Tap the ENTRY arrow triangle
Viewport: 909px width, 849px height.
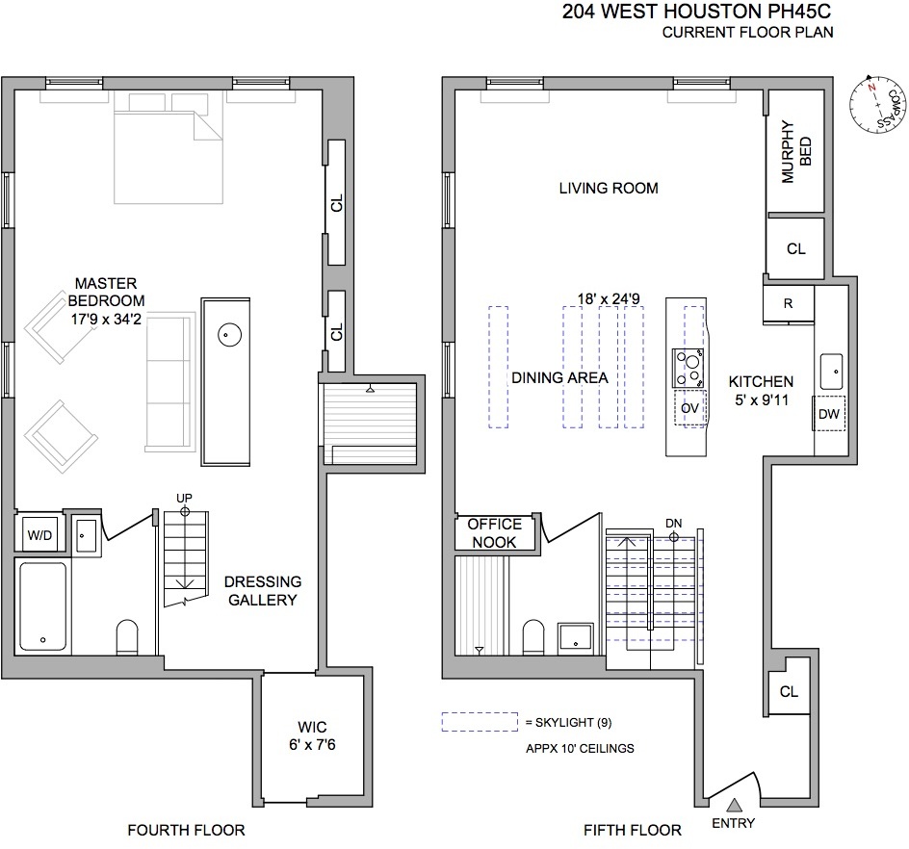[x=734, y=805]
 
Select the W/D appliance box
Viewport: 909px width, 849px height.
[x=39, y=534]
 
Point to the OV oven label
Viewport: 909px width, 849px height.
[x=688, y=408]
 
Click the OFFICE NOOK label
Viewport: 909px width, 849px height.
[x=494, y=533]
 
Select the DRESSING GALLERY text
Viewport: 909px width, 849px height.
[x=262, y=591]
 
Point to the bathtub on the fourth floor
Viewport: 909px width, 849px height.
[x=42, y=606]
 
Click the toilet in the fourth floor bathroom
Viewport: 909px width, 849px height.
[x=126, y=636]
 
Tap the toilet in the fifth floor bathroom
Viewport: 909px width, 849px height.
[x=533, y=637]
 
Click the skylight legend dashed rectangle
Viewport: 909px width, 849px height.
[x=480, y=722]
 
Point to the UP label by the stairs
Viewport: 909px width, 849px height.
[x=184, y=497]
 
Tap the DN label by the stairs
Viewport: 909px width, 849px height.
[x=673, y=523]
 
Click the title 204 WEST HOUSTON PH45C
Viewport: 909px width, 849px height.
[x=697, y=13]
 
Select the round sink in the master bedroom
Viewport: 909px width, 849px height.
[x=228, y=335]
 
